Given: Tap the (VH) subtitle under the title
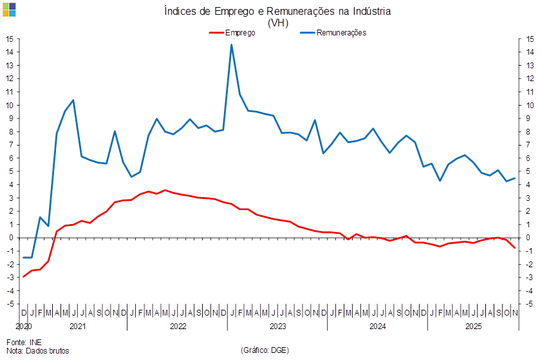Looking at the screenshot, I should [278, 22].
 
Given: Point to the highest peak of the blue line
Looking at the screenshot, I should [232, 44].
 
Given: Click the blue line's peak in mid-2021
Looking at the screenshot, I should [73, 100].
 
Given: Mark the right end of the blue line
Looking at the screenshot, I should [515, 178].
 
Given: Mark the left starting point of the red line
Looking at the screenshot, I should [24, 276].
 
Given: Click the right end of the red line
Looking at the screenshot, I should [515, 249].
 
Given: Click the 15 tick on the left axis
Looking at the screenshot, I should [11, 39].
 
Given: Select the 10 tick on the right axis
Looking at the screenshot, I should [529, 105].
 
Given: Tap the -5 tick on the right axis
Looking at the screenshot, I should [529, 303].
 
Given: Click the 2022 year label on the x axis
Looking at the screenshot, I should [178, 327].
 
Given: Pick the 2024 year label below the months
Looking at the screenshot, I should [377, 327].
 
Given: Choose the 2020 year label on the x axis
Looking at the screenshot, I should [24, 327].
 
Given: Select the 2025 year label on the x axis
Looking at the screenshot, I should [474, 327].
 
